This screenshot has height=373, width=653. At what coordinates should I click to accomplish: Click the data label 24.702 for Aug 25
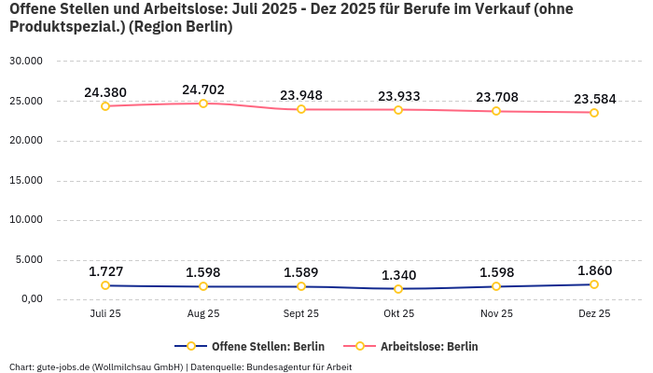pyautogui.click(x=203, y=90)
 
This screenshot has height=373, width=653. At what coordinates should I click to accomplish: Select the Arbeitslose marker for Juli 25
pyautogui.click(x=105, y=106)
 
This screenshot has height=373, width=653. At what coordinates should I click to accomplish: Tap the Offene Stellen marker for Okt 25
pyautogui.click(x=398, y=289)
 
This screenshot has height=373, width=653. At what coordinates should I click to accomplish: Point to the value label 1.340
pyautogui.click(x=398, y=275)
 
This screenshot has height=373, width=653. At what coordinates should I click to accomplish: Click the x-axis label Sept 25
pyautogui.click(x=300, y=314)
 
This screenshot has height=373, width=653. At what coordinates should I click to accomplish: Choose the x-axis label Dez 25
pyautogui.click(x=594, y=314)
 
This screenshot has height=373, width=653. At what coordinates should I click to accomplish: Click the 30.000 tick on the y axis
pyautogui.click(x=25, y=62)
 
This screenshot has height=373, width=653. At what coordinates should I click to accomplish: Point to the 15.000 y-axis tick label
pyautogui.click(x=25, y=181)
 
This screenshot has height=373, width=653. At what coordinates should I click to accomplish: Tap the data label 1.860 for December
pyautogui.click(x=594, y=270)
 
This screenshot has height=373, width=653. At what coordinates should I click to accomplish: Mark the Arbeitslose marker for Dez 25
pyautogui.click(x=594, y=113)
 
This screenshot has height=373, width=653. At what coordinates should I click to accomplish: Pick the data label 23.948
pyautogui.click(x=300, y=95)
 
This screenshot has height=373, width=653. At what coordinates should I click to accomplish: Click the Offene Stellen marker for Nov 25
pyautogui.click(x=496, y=286)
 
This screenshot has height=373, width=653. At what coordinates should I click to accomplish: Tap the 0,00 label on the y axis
pyautogui.click(x=30, y=300)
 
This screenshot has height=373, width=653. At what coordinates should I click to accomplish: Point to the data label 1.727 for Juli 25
pyautogui.click(x=105, y=271)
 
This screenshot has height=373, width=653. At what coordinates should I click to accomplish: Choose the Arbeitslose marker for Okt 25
pyautogui.click(x=398, y=110)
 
